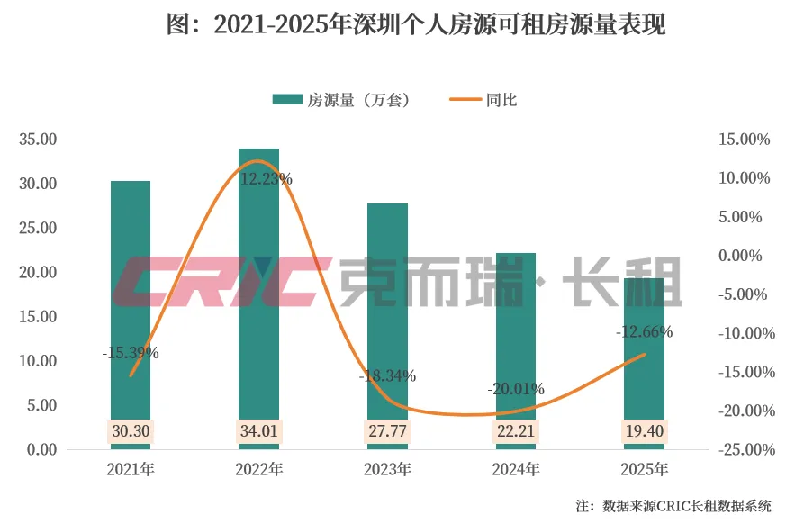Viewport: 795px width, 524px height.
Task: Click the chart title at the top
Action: click(416, 23)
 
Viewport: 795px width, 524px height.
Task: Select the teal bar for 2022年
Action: click(258, 299)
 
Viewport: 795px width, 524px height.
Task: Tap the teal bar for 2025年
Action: click(644, 364)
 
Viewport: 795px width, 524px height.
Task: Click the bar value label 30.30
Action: click(131, 431)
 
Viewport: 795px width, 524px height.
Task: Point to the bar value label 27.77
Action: click(387, 431)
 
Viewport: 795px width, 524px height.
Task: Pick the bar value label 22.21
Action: click(516, 431)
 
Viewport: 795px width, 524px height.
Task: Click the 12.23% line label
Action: click(266, 179)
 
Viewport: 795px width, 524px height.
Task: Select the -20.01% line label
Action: click(516, 389)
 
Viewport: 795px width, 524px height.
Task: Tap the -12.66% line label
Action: click(644, 331)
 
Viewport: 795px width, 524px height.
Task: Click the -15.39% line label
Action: click(131, 353)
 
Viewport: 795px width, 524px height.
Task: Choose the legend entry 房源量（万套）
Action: click(340, 100)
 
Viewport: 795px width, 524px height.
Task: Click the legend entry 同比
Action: click(483, 100)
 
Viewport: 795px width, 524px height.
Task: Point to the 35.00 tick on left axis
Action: click(38, 139)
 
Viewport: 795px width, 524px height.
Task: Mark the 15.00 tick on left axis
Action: click(38, 317)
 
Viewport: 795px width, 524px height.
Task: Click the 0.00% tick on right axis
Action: click(740, 256)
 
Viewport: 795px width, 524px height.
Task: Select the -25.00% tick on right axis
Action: click(746, 449)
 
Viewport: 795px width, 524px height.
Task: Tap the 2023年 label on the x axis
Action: click(387, 469)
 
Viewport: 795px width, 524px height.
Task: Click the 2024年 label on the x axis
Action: click(516, 469)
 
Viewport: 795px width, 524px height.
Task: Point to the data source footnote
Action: click(673, 506)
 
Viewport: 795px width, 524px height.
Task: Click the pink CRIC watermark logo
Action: click(222, 282)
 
